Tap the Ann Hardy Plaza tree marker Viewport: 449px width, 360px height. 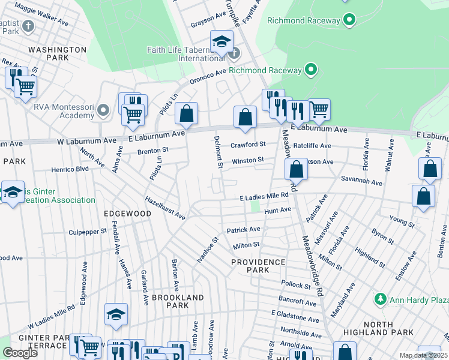point(379,299)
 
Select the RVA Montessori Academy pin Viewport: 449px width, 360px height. point(103,110)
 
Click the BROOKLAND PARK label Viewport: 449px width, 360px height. point(178,301)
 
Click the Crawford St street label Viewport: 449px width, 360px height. point(249,145)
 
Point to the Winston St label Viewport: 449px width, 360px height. point(248,160)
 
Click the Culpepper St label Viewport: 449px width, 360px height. point(87,230)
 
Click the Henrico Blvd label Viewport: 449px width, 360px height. point(70,169)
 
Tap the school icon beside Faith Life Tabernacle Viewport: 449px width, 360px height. point(221,41)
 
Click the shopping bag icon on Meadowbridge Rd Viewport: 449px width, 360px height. point(297,170)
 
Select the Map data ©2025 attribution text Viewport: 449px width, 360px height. point(423,355)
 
